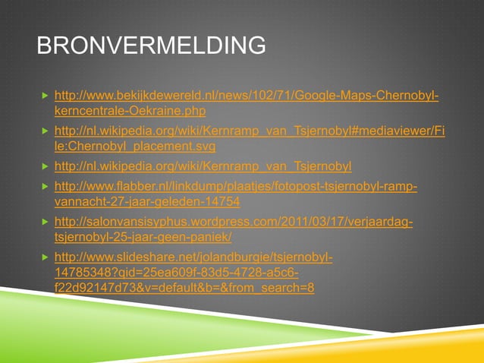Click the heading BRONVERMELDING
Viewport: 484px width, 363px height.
click(x=152, y=46)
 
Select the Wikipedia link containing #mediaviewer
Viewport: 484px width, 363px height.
click(x=250, y=131)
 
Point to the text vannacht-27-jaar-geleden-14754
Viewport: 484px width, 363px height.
click(x=148, y=202)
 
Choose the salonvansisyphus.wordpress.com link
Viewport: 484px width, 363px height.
click(x=234, y=222)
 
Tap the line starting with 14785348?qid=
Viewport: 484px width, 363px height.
click(x=177, y=273)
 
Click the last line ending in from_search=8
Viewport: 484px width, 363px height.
click(x=185, y=288)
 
